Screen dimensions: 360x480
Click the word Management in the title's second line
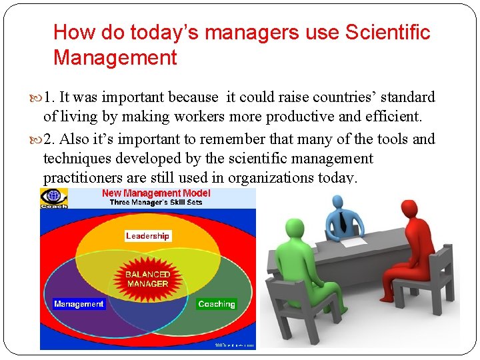(x=115, y=57)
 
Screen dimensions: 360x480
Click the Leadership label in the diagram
(x=147, y=236)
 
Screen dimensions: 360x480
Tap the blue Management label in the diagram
(x=79, y=304)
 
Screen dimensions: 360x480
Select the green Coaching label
(x=217, y=304)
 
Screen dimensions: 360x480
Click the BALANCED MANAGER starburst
(x=147, y=279)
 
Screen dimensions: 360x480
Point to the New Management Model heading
(x=156, y=193)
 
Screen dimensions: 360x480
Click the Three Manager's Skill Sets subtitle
(x=156, y=202)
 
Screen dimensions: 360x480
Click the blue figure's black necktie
(x=341, y=219)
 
